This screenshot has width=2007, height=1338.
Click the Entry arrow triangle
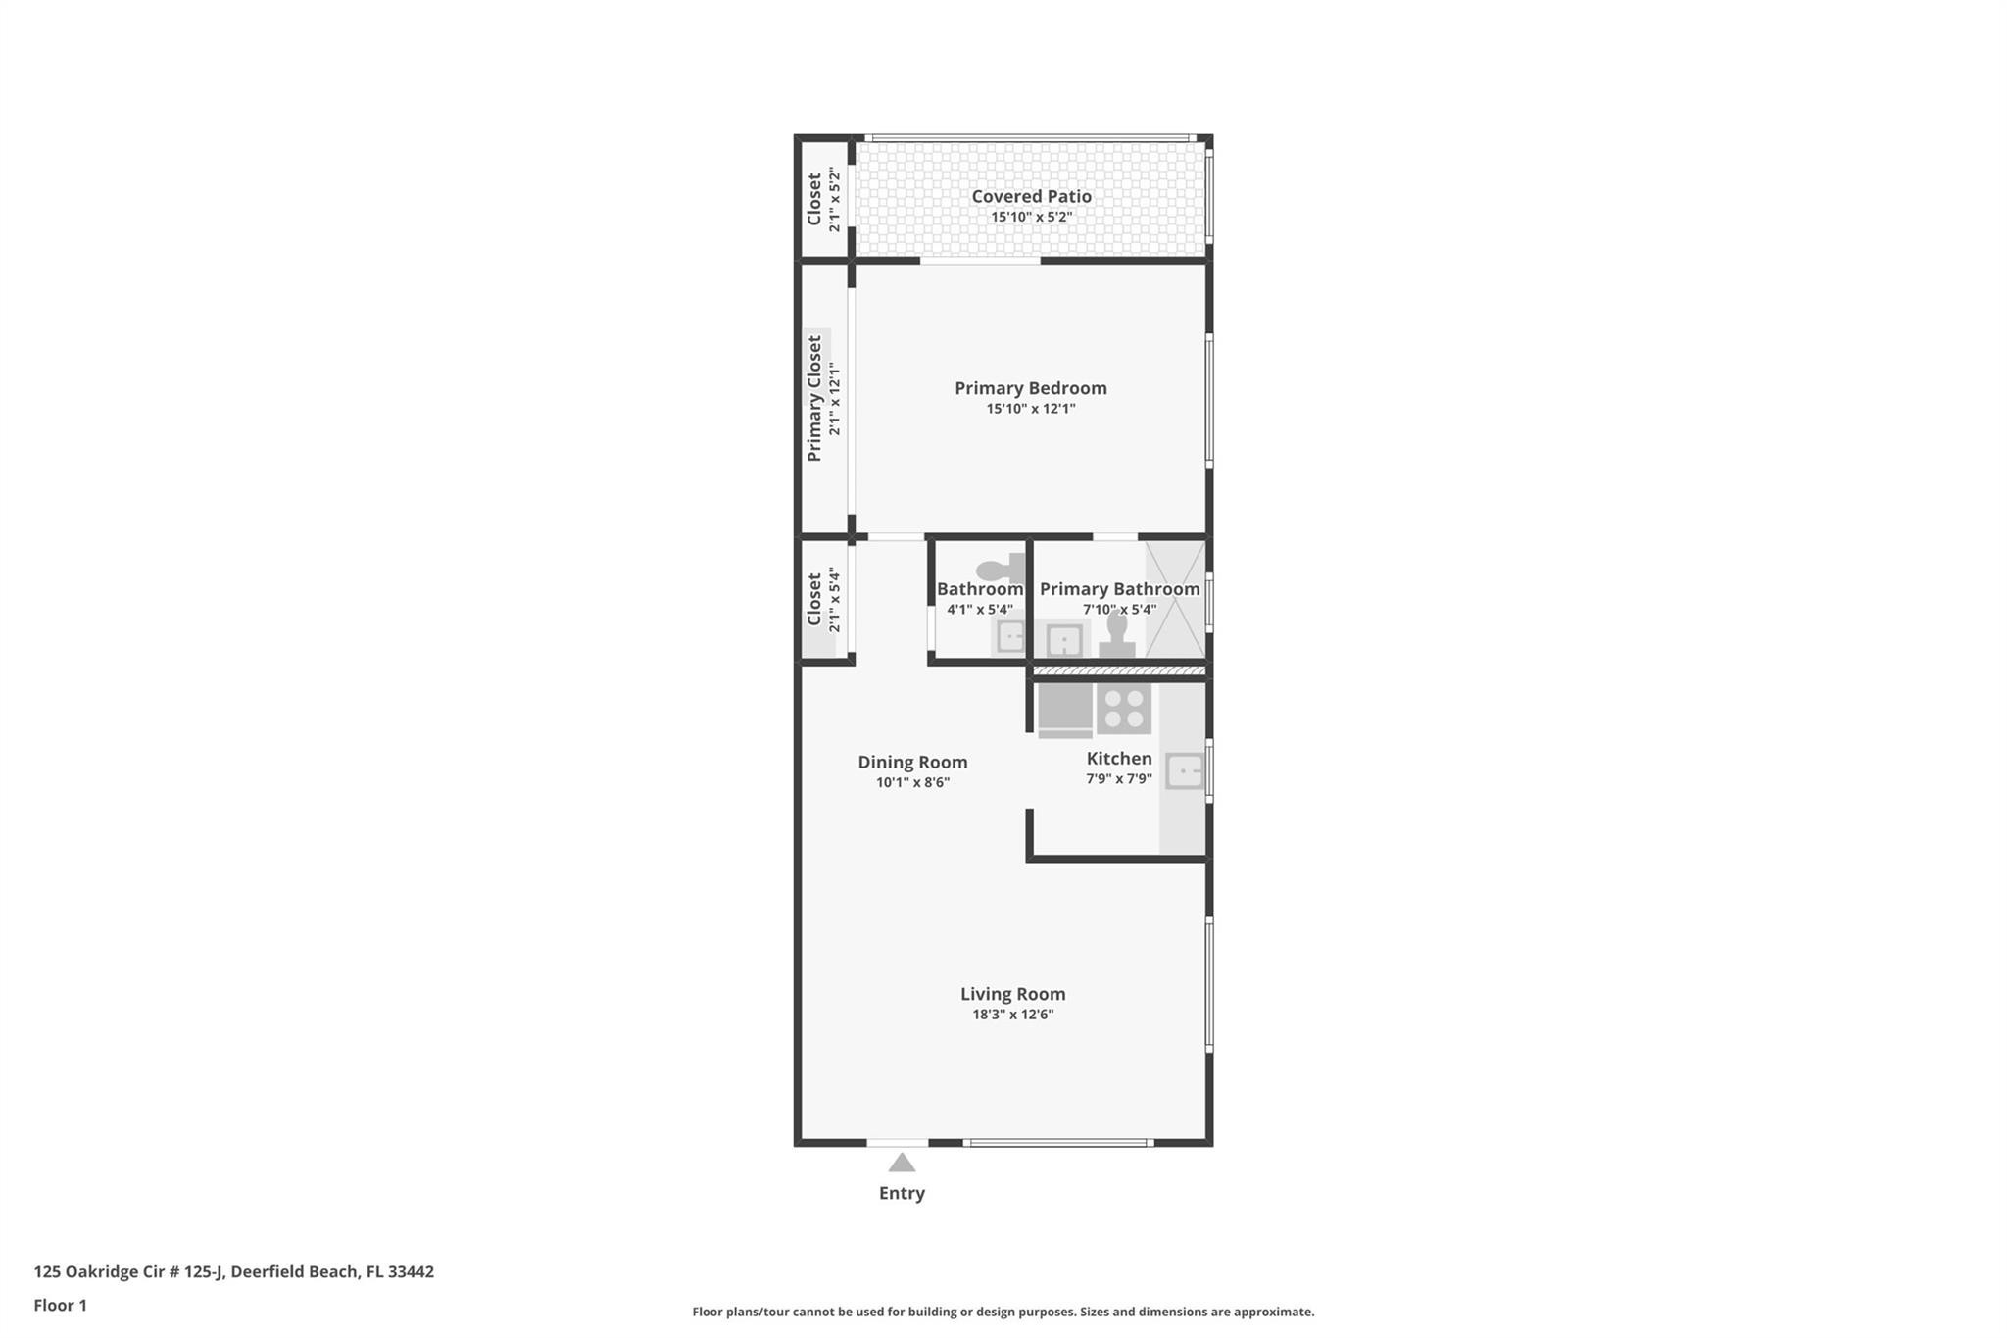coord(902,1164)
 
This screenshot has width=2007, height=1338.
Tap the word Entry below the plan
coord(902,1193)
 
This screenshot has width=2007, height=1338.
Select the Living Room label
coord(1012,994)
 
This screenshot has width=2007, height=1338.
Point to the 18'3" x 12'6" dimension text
coord(1012,1015)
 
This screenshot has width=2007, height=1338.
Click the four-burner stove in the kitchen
coord(1123,709)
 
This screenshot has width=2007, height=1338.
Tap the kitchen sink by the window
coord(1185,771)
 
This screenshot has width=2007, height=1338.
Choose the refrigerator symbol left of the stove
coord(1065,709)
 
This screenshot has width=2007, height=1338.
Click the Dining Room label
coord(912,762)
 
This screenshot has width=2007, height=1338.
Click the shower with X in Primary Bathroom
coord(1175,600)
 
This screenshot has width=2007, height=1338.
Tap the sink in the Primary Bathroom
coord(1063,641)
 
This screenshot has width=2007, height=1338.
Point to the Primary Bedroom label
coord(1031,388)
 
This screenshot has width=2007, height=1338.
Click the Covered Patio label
coord(1031,196)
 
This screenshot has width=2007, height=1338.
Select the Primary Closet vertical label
coord(814,399)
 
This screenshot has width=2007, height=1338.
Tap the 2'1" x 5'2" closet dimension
coord(835,201)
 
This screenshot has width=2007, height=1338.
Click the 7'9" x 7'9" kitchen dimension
coord(1118,779)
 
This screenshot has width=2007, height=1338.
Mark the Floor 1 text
coord(60,1305)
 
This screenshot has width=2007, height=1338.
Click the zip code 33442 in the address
coord(411,1271)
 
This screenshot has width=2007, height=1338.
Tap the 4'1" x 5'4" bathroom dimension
coord(980,610)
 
